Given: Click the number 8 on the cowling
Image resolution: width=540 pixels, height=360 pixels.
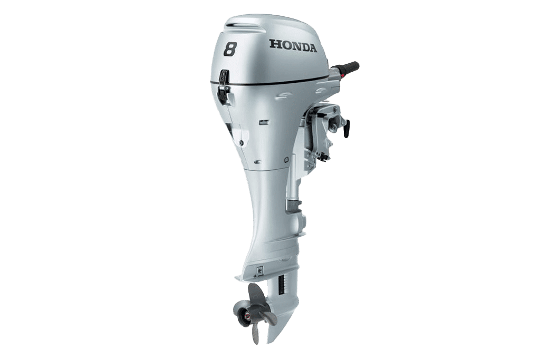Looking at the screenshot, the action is click(229, 48).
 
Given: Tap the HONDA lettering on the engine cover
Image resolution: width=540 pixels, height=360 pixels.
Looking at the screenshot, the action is click(293, 46).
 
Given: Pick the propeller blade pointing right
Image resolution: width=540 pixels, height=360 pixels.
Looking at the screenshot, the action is click(269, 318).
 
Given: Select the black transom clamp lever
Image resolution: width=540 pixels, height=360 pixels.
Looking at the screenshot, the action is click(346, 128).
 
